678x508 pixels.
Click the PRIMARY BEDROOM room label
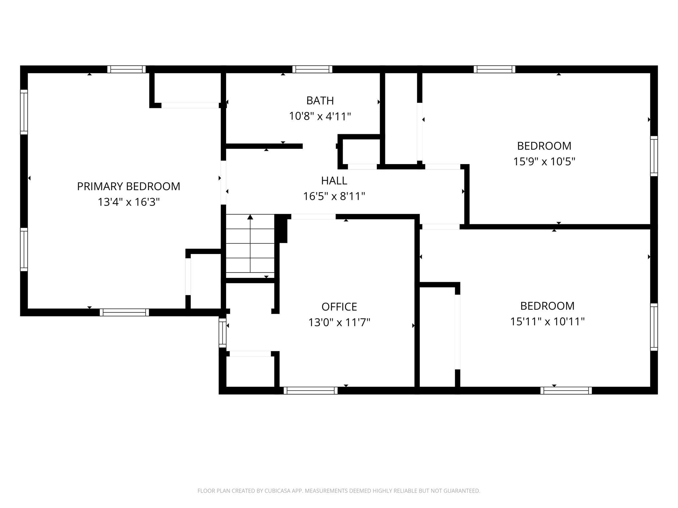pos(128,187)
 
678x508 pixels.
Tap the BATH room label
pos(320,101)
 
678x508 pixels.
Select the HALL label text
pos(334,181)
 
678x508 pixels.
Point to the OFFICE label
pos(339,307)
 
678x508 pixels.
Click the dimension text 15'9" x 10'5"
pos(544,161)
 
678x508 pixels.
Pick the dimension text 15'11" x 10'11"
pos(547,321)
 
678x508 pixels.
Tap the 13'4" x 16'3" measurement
pos(128,202)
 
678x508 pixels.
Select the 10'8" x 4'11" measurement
pos(320,116)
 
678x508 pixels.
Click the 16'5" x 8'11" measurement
pos(334,196)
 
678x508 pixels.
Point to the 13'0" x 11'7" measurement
pos(339,322)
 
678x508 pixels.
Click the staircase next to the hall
pos(250,246)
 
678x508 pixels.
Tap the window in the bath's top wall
pos(312,69)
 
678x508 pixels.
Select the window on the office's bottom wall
pos(311,391)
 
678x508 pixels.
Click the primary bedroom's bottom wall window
pos(124,312)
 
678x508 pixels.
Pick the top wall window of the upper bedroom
pos(494,69)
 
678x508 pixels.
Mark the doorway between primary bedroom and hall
pos(223,183)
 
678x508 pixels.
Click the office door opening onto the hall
pos(313,217)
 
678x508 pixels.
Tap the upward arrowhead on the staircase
pos(250,217)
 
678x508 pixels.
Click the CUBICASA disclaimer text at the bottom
pos(339,491)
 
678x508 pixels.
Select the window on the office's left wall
pos(222,333)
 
